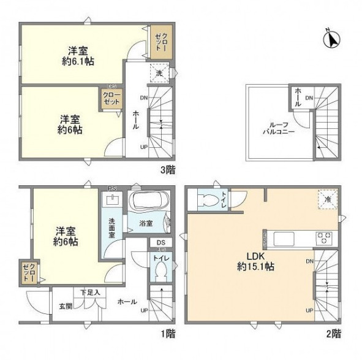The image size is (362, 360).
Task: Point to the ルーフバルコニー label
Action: tap(279, 128)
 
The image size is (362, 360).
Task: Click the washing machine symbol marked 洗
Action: tap(157, 72)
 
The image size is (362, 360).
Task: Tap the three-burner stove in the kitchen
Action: tap(323, 236)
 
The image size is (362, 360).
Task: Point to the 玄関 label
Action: tap(66, 305)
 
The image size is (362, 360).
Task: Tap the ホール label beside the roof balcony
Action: tap(298, 97)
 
